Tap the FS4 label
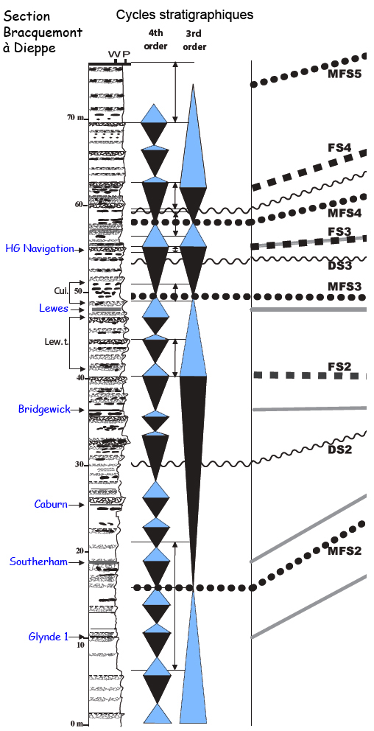339,148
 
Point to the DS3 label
339,266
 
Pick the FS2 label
339,366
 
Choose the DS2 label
339,450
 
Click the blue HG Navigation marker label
40,248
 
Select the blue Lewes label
54,308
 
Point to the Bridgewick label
44,409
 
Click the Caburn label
51,504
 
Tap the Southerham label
38,562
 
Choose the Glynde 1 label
45,636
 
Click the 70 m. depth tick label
75,118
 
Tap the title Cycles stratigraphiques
185,15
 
